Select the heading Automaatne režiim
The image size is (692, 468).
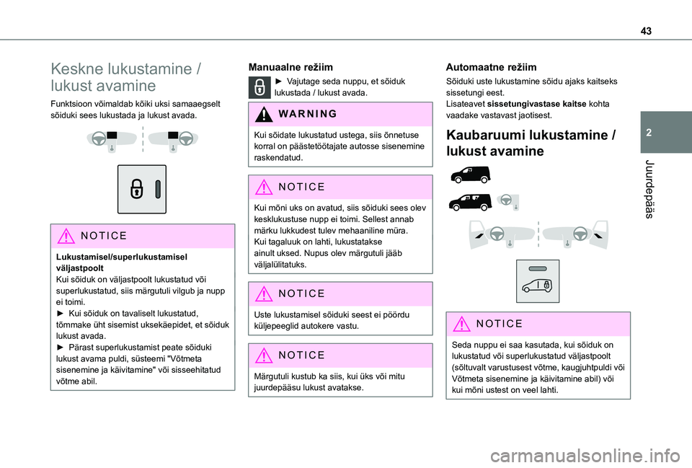point(491,66)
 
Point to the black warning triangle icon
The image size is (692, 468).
point(263,114)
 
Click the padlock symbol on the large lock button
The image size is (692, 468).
point(136,189)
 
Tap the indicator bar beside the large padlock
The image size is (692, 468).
point(156,189)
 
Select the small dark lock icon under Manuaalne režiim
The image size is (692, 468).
point(259,87)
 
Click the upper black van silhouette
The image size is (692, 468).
point(469,174)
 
